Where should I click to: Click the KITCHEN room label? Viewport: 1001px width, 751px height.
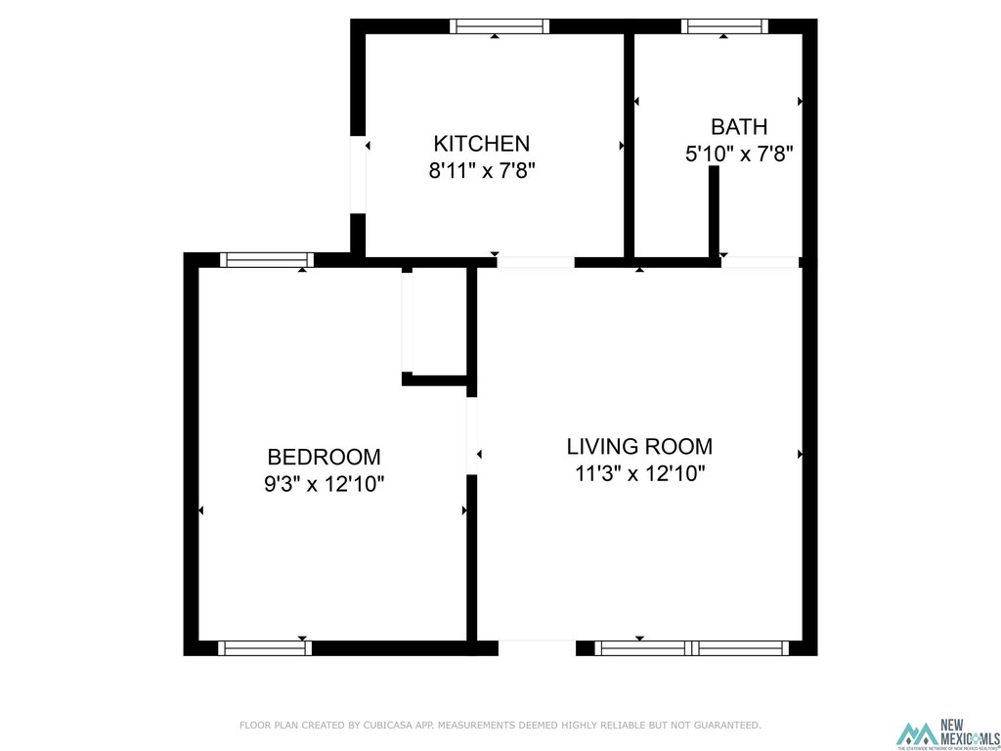click(482, 143)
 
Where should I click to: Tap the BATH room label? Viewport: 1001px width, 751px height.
click(738, 126)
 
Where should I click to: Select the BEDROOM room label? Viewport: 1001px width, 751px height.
click(324, 457)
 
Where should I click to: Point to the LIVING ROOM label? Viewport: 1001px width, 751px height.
click(639, 447)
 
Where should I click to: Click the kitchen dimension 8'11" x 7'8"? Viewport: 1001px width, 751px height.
click(482, 170)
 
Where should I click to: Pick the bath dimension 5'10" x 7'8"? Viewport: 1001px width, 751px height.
click(738, 154)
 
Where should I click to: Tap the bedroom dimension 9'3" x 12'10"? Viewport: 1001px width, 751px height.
click(324, 483)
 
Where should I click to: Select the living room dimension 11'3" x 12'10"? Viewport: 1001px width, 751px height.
click(639, 474)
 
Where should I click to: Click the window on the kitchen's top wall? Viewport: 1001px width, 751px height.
click(499, 26)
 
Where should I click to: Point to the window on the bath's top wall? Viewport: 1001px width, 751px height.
click(724, 26)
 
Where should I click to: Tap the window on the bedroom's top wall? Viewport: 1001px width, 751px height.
click(266, 259)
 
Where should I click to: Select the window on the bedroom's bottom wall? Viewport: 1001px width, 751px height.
click(264, 647)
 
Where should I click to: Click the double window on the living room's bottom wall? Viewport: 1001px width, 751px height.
click(692, 647)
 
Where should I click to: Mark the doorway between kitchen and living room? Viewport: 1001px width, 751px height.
click(535, 262)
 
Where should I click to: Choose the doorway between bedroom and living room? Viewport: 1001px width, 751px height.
click(471, 435)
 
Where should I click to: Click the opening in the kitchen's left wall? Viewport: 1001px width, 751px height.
click(358, 174)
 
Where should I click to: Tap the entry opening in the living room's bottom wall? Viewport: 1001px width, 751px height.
click(537, 647)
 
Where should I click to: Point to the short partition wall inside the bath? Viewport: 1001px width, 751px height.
click(714, 210)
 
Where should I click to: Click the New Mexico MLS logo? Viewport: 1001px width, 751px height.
click(947, 734)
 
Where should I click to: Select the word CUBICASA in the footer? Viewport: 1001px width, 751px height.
click(382, 726)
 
